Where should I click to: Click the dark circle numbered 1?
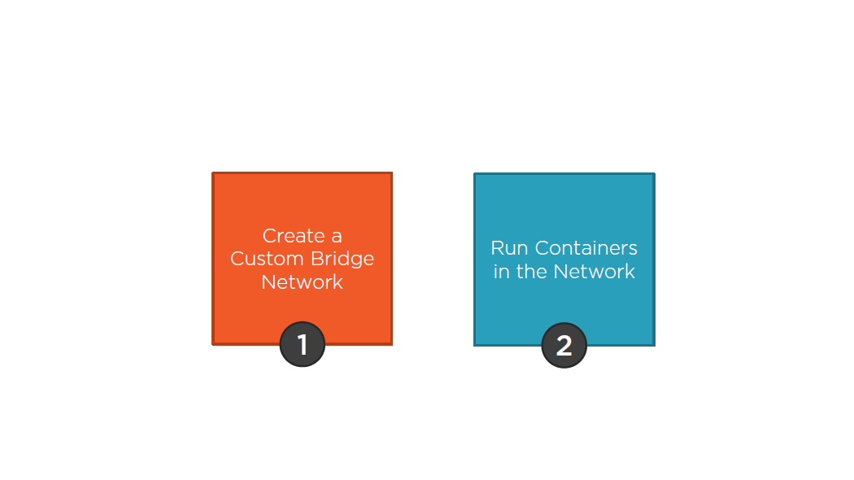tap(303, 345)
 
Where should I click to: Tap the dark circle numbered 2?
tap(564, 346)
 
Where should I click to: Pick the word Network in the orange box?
tap(302, 282)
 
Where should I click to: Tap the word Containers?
tap(586, 248)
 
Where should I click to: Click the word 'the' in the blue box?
tap(532, 272)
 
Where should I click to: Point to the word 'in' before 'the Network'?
tap(501, 272)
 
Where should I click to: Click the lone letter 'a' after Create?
tap(337, 237)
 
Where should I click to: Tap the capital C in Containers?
tap(541, 248)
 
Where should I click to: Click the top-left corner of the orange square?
tap(213, 173)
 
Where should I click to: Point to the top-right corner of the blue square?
tap(654, 174)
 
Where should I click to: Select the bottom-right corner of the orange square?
tap(391, 344)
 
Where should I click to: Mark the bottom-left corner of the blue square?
tap(475, 345)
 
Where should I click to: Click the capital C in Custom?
tap(237, 259)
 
